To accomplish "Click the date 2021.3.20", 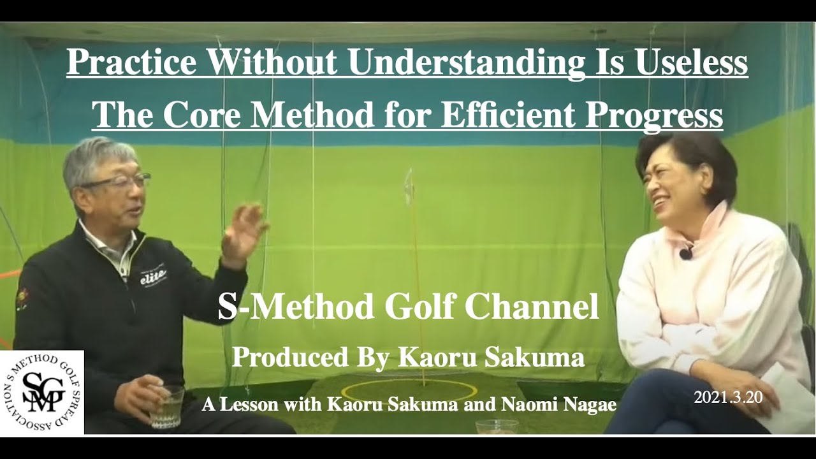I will [x=728, y=397].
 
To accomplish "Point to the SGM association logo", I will [x=42, y=392].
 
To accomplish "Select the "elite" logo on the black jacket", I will [x=153, y=274].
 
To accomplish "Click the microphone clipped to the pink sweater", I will [x=685, y=253].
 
